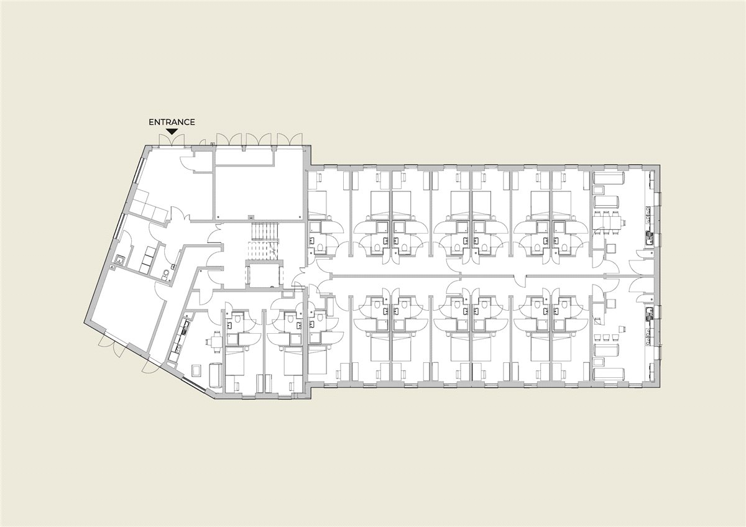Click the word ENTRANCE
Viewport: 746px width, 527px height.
click(172, 122)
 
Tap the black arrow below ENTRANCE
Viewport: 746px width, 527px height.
click(172, 132)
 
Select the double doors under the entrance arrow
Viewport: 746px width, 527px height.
click(172, 140)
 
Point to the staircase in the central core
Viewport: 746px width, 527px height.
click(264, 240)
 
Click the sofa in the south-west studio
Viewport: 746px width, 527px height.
click(216, 375)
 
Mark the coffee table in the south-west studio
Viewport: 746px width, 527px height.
click(197, 370)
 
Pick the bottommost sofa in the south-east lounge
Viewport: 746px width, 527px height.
click(609, 374)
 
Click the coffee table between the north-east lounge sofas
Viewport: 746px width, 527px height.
click(599, 191)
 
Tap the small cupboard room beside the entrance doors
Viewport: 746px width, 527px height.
click(203, 161)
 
